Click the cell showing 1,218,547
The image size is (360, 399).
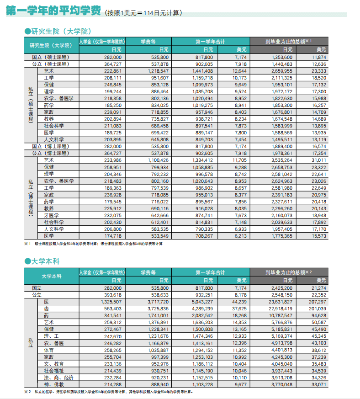click(x=158, y=71)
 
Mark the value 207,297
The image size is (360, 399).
click(x=316, y=302)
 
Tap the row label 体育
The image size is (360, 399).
click(x=48, y=350)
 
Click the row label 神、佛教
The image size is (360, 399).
click(x=53, y=384)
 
